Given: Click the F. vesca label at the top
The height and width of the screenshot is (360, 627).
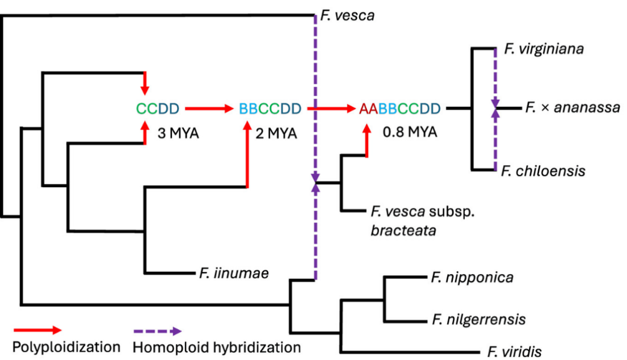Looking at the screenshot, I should (x=347, y=15).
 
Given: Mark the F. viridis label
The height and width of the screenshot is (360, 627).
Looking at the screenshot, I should (x=514, y=351).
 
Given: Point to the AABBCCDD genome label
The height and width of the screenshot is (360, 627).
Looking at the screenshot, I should (x=399, y=107).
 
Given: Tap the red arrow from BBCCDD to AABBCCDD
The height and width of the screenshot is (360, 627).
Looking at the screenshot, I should (x=332, y=107).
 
